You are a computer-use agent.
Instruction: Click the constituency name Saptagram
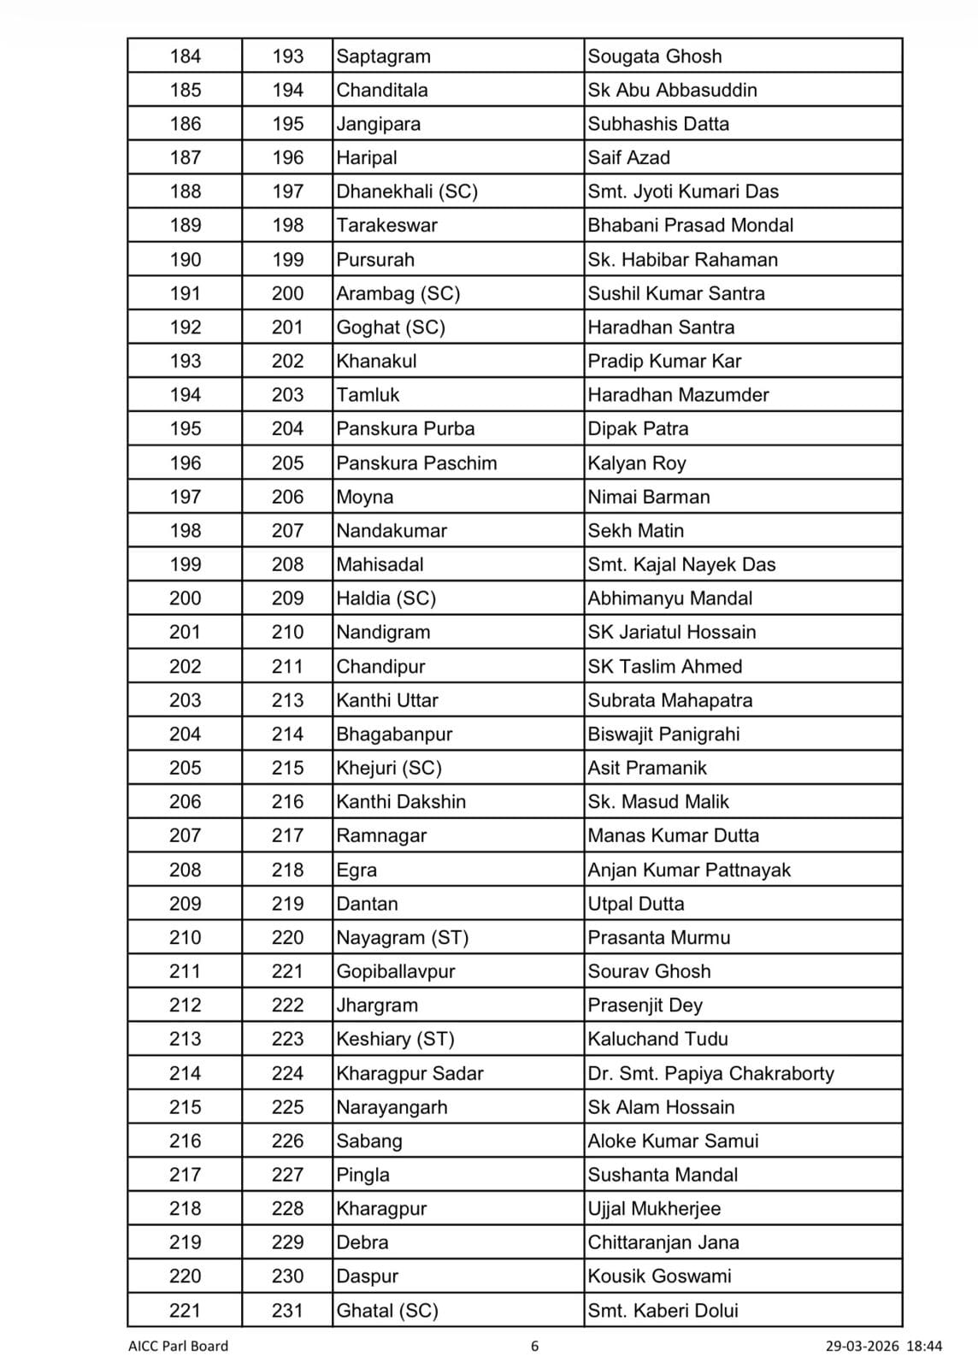point(383,56)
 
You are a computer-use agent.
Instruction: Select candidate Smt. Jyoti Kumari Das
point(683,192)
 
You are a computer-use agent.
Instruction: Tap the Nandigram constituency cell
point(383,633)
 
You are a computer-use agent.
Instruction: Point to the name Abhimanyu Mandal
point(669,598)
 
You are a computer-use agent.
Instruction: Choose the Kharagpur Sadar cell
point(409,1073)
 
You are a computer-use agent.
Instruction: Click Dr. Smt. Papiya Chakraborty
point(710,1073)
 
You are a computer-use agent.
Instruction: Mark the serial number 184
point(185,56)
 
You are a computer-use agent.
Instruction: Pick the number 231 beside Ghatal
point(287,1310)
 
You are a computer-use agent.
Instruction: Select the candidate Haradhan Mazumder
point(678,395)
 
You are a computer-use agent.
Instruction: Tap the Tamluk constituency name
point(368,395)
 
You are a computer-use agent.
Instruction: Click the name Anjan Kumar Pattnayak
point(689,870)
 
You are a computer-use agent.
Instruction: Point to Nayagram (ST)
point(403,938)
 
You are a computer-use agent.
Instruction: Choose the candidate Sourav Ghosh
point(649,971)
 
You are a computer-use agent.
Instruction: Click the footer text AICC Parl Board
point(178,1346)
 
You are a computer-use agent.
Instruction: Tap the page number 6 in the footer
point(535,1346)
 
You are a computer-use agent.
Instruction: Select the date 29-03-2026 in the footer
point(862,1346)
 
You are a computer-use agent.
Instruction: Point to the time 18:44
point(924,1346)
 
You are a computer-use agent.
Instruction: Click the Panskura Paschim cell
point(416,463)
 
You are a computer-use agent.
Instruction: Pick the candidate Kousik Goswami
point(659,1277)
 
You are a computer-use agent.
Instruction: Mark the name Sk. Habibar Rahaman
point(682,260)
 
